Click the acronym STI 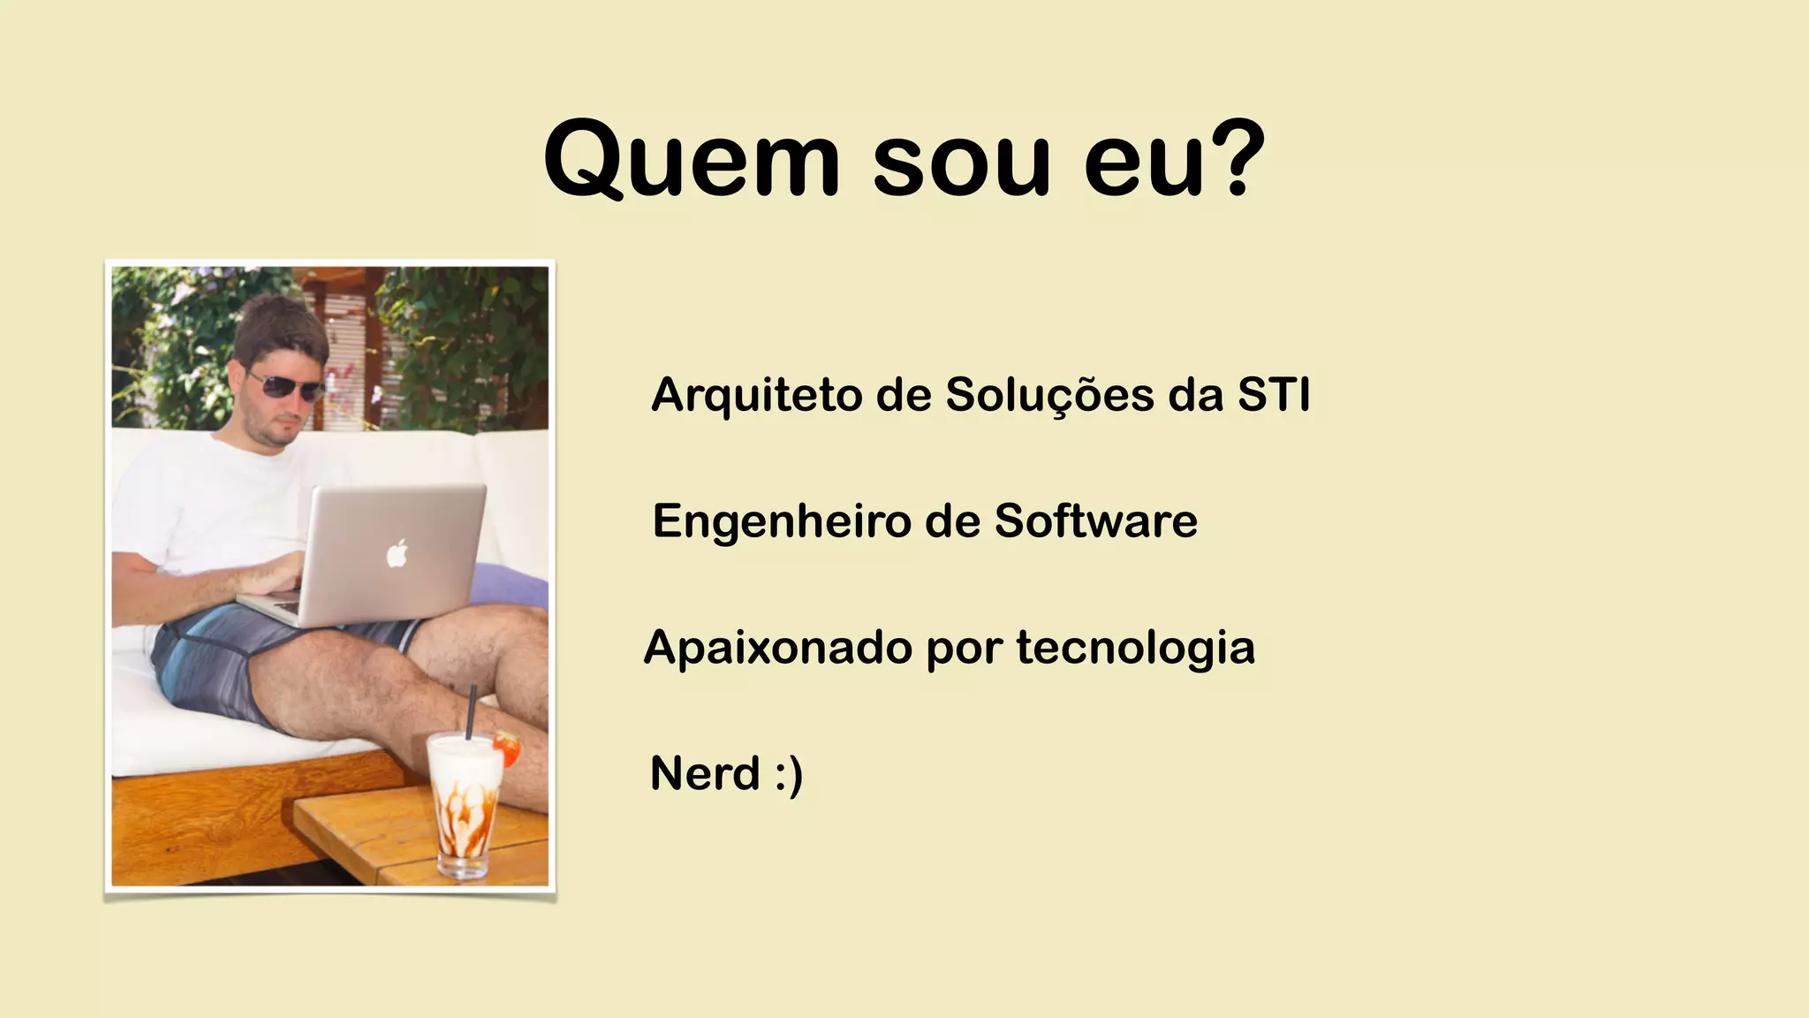(x=1273, y=394)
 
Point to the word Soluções (x=1049, y=396)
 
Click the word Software (x=1095, y=520)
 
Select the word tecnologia (x=1135, y=649)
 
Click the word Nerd (x=704, y=773)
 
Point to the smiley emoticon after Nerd (x=789, y=775)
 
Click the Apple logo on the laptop (x=397, y=553)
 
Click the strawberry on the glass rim (x=507, y=748)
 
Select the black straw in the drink (x=471, y=712)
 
